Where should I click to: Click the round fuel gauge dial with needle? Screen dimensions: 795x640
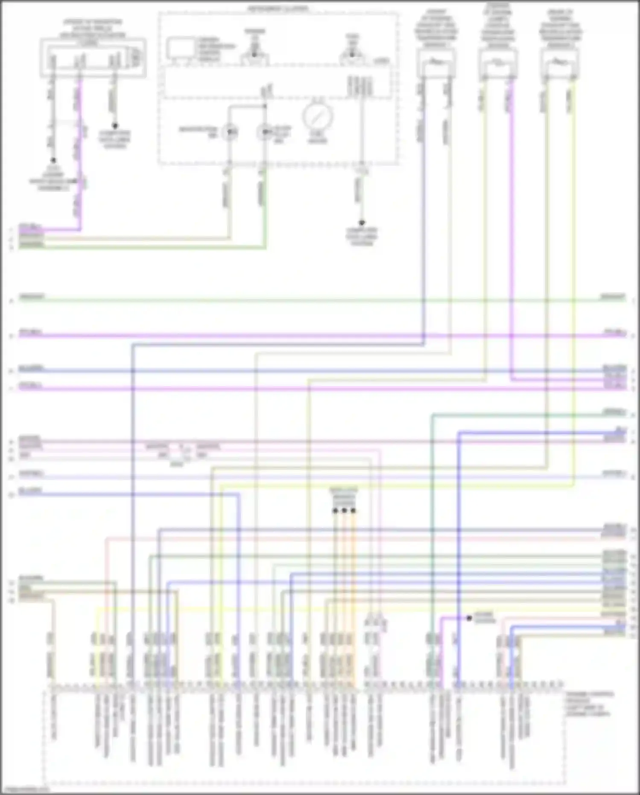[x=318, y=115]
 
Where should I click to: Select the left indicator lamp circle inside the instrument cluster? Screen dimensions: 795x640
[x=230, y=132]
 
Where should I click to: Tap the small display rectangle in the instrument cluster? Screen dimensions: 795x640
[x=180, y=47]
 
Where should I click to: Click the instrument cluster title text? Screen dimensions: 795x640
[x=278, y=9]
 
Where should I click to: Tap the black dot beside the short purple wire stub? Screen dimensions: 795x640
[x=469, y=618]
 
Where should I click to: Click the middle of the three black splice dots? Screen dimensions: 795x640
[x=344, y=510]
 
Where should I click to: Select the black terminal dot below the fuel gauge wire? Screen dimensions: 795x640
[x=362, y=223]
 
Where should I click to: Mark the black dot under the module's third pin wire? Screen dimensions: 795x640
[x=114, y=126]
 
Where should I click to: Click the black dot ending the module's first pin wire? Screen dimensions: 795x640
[x=53, y=161]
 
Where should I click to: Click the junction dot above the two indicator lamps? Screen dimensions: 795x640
[x=265, y=106]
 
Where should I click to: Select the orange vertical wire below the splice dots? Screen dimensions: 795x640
[x=353, y=598]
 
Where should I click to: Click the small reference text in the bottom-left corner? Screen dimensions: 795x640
[x=25, y=789]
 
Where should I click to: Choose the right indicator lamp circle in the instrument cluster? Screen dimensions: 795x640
[x=265, y=132]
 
